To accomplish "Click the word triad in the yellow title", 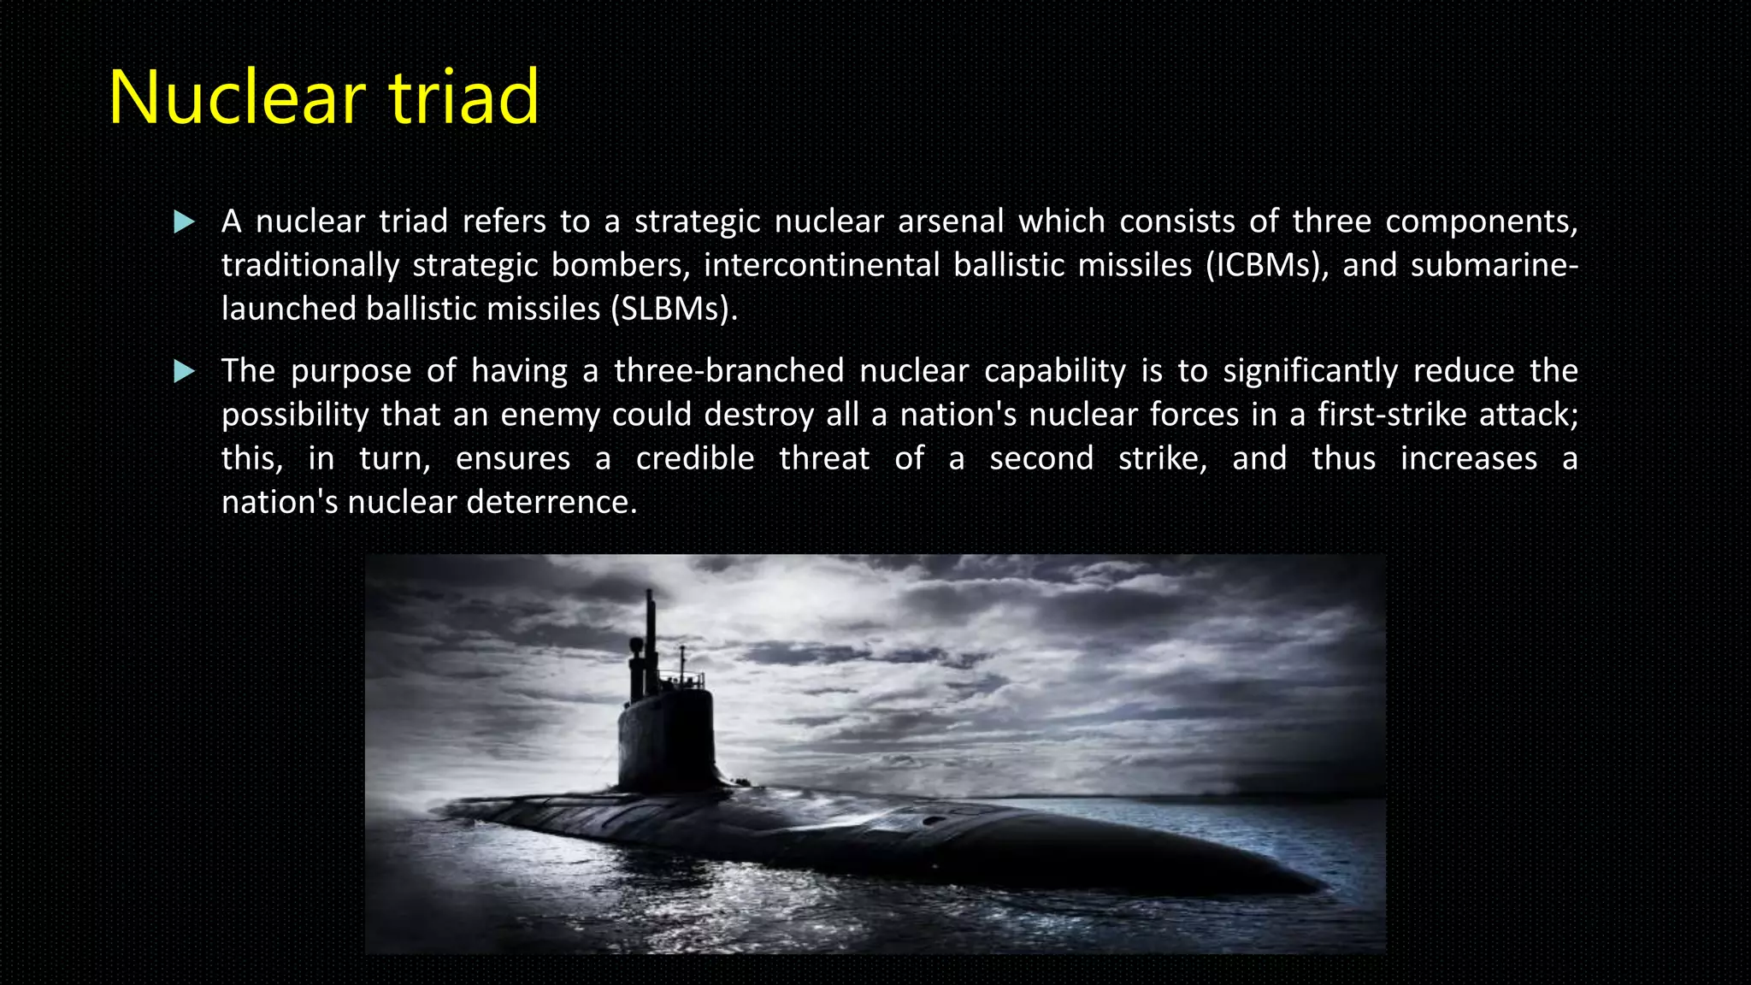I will (463, 97).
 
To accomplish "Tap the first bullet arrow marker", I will (184, 223).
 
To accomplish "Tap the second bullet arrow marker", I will (184, 372).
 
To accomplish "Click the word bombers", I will (620, 265).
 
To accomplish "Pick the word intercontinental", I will (822, 265).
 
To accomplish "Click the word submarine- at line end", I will (1494, 265).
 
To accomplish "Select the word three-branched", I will (728, 371).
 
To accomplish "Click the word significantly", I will (1310, 371).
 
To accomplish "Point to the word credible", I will (694, 458).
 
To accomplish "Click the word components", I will (1480, 221).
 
